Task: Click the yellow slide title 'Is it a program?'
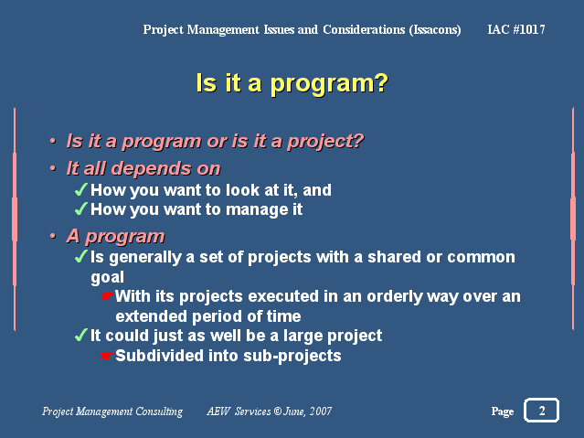click(x=292, y=83)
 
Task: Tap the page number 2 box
click(x=542, y=410)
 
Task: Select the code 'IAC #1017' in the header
click(x=516, y=29)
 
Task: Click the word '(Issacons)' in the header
click(x=435, y=30)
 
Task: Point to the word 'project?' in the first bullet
click(x=325, y=142)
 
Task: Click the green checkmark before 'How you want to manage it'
click(x=80, y=208)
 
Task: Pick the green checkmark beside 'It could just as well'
click(x=80, y=335)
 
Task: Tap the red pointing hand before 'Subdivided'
click(x=107, y=356)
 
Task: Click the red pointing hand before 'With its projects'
click(x=107, y=296)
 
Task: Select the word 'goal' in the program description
click(x=107, y=277)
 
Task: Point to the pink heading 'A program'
click(x=115, y=236)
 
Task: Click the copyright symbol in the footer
click(x=278, y=411)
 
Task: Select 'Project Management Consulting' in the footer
click(x=112, y=411)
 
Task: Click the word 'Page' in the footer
click(x=503, y=411)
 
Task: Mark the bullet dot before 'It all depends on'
click(x=53, y=168)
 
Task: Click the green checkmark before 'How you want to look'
click(x=80, y=189)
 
